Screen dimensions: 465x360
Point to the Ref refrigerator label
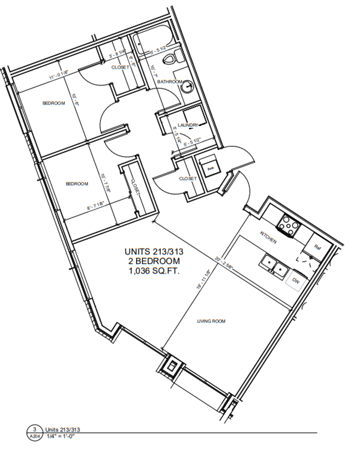tap(318, 247)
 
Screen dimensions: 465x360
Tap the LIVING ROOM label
tap(211, 321)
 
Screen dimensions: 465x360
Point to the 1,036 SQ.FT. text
tap(153, 271)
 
